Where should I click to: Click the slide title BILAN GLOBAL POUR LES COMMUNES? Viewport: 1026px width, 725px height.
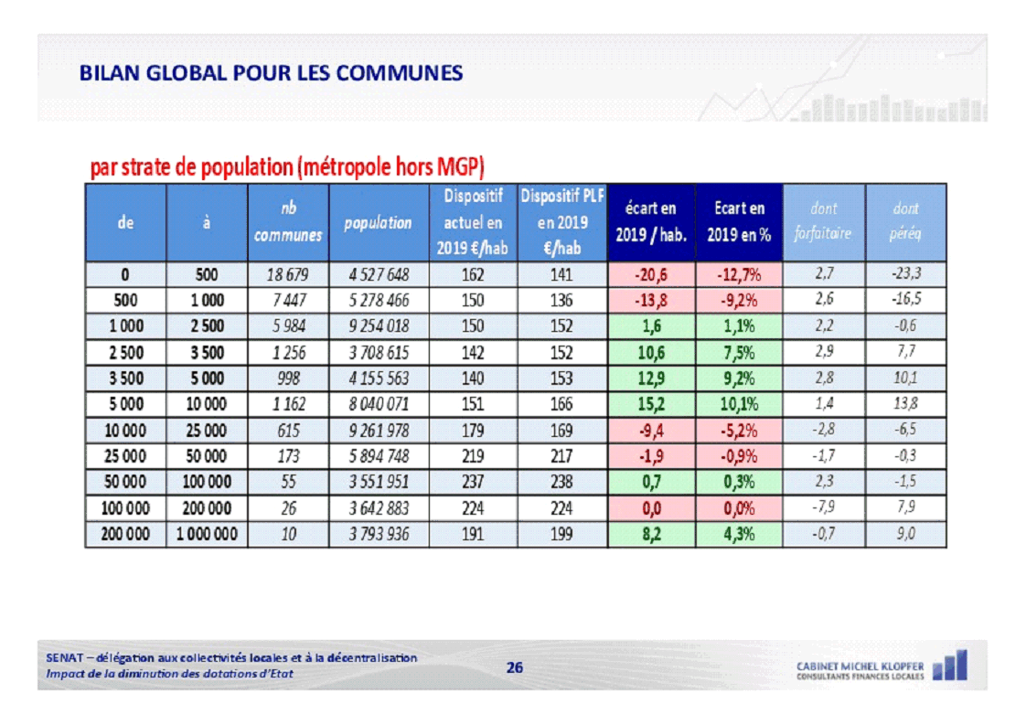pos(271,73)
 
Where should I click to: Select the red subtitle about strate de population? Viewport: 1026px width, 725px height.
pos(286,167)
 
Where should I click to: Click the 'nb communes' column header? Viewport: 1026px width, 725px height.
pos(288,222)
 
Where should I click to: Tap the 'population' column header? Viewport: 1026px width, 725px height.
pos(378,223)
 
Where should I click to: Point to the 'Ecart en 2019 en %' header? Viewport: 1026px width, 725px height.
pos(738,222)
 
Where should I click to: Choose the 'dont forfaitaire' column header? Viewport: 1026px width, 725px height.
pos(823,222)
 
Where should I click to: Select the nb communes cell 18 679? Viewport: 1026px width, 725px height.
pos(288,274)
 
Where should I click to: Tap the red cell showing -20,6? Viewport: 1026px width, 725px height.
pos(651,274)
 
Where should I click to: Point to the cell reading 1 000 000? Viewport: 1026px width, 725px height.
pos(207,535)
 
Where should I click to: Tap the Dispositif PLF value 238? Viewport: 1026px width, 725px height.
pos(561,483)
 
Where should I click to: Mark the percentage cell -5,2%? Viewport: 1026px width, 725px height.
pos(738,431)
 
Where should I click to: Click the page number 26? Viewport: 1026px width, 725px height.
pos(515,667)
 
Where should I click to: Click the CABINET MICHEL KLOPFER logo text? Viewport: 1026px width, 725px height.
pos(860,666)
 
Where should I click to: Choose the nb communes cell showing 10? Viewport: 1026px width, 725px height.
pos(288,535)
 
